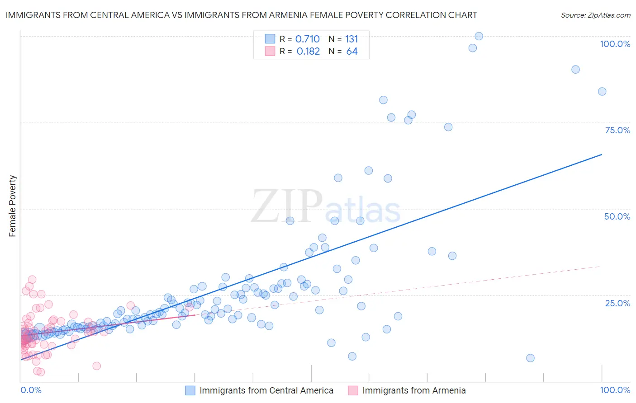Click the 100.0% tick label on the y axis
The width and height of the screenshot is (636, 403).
click(x=615, y=44)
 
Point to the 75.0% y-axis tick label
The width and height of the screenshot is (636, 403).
click(x=617, y=130)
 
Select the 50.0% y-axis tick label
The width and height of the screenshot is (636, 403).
click(x=617, y=216)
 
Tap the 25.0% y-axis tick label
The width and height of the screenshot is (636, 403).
click(x=617, y=303)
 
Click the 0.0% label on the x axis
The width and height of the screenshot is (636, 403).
click(x=31, y=390)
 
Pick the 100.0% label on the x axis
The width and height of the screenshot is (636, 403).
click(x=615, y=390)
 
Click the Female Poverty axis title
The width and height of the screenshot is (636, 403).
click(x=13, y=206)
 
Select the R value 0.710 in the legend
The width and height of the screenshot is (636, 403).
click(x=307, y=39)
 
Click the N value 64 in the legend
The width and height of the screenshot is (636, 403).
click(x=351, y=52)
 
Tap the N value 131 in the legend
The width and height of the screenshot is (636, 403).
click(x=351, y=39)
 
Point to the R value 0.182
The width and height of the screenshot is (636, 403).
click(x=308, y=52)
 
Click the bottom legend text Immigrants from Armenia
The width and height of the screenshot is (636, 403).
click(x=413, y=390)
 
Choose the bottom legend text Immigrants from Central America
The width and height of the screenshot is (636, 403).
click(x=266, y=390)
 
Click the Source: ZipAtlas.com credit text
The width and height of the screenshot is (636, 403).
click(x=595, y=15)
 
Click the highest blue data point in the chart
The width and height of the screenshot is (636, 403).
click(x=479, y=36)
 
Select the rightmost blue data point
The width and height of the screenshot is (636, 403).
click(x=602, y=92)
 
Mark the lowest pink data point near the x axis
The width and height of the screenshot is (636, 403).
click(x=40, y=372)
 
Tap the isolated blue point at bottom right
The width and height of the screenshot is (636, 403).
click(x=530, y=358)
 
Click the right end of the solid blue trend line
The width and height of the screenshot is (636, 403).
click(x=602, y=155)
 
